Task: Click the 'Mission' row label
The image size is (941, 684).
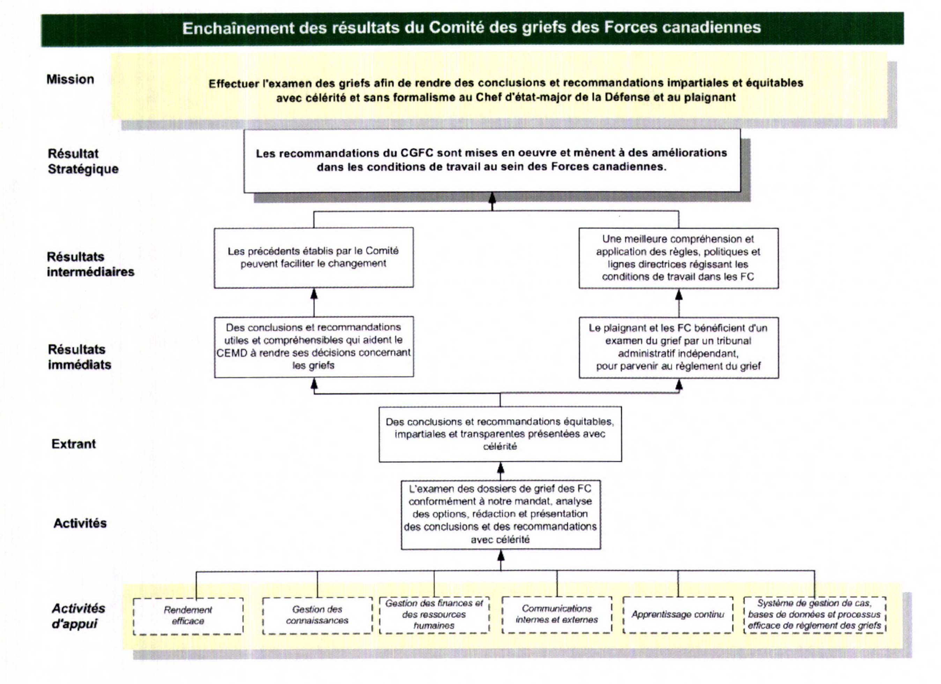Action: (x=70, y=79)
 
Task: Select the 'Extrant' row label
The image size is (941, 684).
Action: (x=73, y=444)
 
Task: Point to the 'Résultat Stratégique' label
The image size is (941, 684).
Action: (x=83, y=161)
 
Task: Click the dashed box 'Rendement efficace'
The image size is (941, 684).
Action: (x=188, y=616)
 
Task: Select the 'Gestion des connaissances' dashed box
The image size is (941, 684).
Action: (x=317, y=615)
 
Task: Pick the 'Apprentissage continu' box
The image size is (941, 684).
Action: (x=677, y=614)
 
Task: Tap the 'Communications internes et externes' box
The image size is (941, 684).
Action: (x=556, y=614)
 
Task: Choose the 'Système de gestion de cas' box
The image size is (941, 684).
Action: (x=814, y=614)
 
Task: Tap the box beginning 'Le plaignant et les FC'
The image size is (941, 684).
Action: (x=679, y=347)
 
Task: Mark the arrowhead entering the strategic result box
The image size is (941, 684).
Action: (x=492, y=197)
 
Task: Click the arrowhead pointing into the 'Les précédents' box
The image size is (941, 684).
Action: (x=314, y=294)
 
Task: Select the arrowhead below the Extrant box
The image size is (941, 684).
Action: (x=501, y=468)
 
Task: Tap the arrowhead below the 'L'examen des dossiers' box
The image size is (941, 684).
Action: (x=501, y=555)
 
